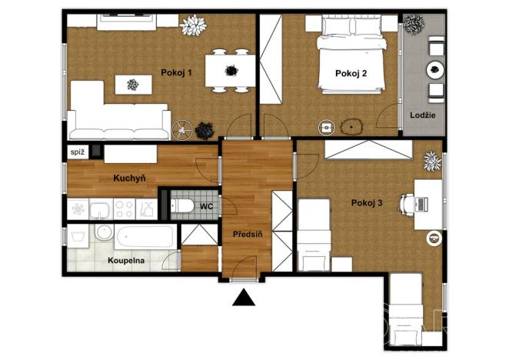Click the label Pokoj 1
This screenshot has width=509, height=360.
[x=176, y=73]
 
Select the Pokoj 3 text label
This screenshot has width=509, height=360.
[x=367, y=203]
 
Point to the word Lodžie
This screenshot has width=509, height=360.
[x=424, y=115]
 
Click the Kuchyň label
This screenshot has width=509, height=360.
[x=129, y=178]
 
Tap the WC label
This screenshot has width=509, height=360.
[x=206, y=206]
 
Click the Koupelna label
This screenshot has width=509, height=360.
[x=128, y=260]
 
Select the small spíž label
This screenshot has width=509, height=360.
[x=77, y=153]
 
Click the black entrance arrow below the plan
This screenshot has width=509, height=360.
[x=245, y=297]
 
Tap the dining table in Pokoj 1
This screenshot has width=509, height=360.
[x=230, y=72]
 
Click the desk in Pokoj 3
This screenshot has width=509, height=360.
[x=428, y=204]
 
